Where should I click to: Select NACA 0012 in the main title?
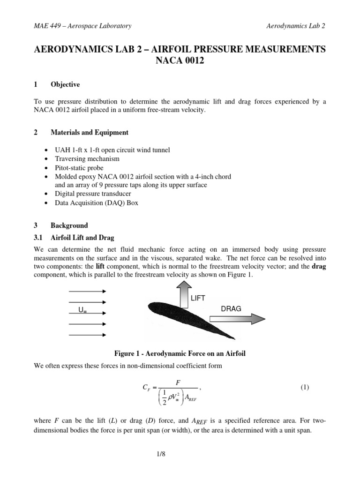pyautogui.click(x=180, y=61)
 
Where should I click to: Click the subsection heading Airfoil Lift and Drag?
pyautogui.click(x=82, y=238)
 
